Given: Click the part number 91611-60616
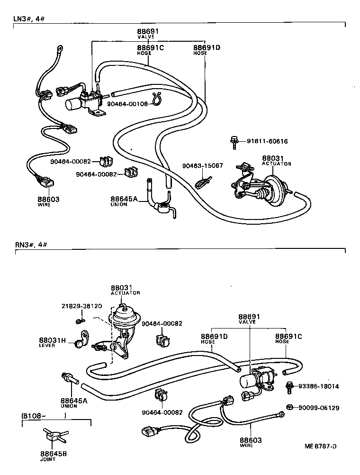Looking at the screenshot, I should point(267,141).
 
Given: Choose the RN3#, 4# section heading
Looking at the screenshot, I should point(30,245).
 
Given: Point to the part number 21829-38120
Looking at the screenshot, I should point(81,306).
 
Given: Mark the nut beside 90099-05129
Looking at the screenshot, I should point(290,407).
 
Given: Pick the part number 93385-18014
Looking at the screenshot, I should point(319,386).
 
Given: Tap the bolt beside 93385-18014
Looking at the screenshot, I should point(288,386).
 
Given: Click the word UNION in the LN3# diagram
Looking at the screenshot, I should point(118,204).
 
